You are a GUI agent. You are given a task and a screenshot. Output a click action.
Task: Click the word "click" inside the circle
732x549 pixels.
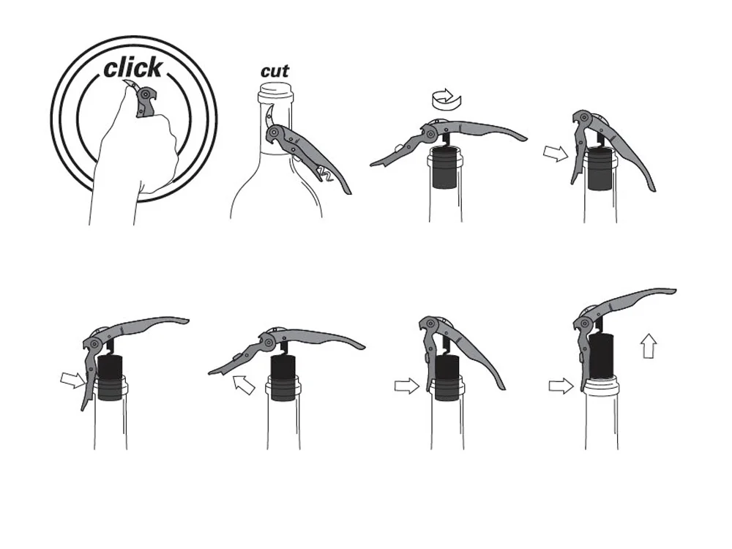pos(133,68)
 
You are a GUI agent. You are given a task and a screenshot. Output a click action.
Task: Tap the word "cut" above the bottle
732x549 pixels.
pos(274,72)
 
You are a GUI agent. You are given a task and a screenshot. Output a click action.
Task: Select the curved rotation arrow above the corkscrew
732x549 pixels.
pos(447,99)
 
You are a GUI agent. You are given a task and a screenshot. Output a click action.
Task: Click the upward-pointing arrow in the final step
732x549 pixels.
pos(649,346)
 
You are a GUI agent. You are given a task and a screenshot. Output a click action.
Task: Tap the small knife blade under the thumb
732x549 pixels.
pos(131,86)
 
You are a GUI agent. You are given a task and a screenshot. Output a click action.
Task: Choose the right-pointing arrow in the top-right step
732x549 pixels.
pos(556,153)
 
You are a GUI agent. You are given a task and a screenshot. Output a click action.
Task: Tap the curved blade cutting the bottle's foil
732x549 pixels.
pos(269,115)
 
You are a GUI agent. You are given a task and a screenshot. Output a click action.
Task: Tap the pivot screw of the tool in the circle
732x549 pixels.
pos(146,94)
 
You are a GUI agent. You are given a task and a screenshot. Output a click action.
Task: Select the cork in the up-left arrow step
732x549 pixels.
pos(284,378)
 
